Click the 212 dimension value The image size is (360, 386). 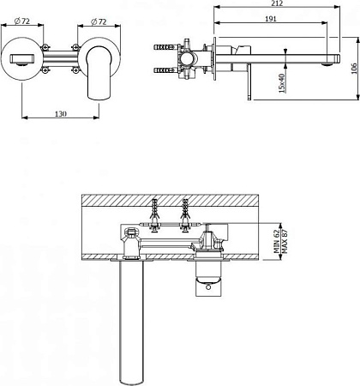pos(277,3)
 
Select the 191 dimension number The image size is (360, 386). pos(271,19)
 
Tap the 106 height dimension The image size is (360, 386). pos(354,69)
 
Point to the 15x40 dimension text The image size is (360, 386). pos(282,83)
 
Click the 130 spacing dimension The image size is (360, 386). pos(61,114)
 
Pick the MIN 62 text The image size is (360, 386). pos(276,242)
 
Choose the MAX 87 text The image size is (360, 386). pos(285,242)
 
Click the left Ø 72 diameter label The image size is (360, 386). pos(22,21)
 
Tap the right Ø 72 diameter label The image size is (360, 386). pos(99,21)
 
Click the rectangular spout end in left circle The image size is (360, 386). pos(22,59)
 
